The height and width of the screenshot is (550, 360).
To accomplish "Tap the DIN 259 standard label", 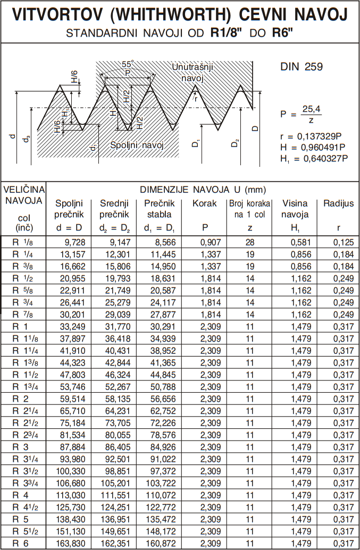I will pyautogui.click(x=302, y=67).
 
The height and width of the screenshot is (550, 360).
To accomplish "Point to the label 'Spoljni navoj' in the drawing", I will pyautogui.click(x=136, y=145).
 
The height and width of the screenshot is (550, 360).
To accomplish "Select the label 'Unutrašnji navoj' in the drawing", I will pyautogui.click(x=192, y=72).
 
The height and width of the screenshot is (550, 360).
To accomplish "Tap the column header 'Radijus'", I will pyautogui.click(x=338, y=204).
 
